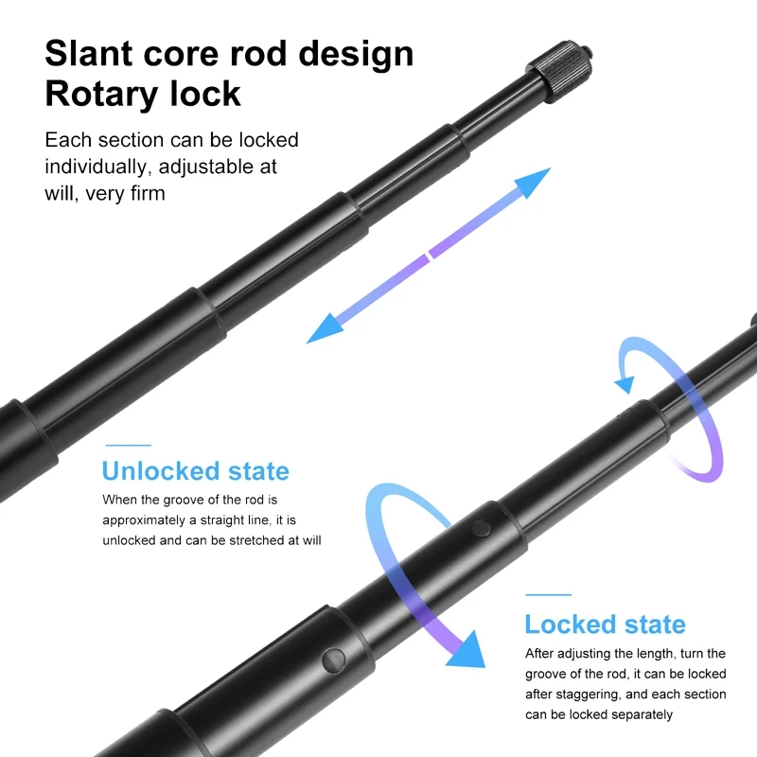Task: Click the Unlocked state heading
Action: (195, 470)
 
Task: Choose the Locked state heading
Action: (605, 625)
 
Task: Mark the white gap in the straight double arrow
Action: (428, 254)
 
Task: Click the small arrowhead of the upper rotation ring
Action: (624, 383)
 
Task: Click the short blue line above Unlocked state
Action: (128, 445)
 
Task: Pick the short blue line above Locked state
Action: (548, 595)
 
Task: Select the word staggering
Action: (594, 695)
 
